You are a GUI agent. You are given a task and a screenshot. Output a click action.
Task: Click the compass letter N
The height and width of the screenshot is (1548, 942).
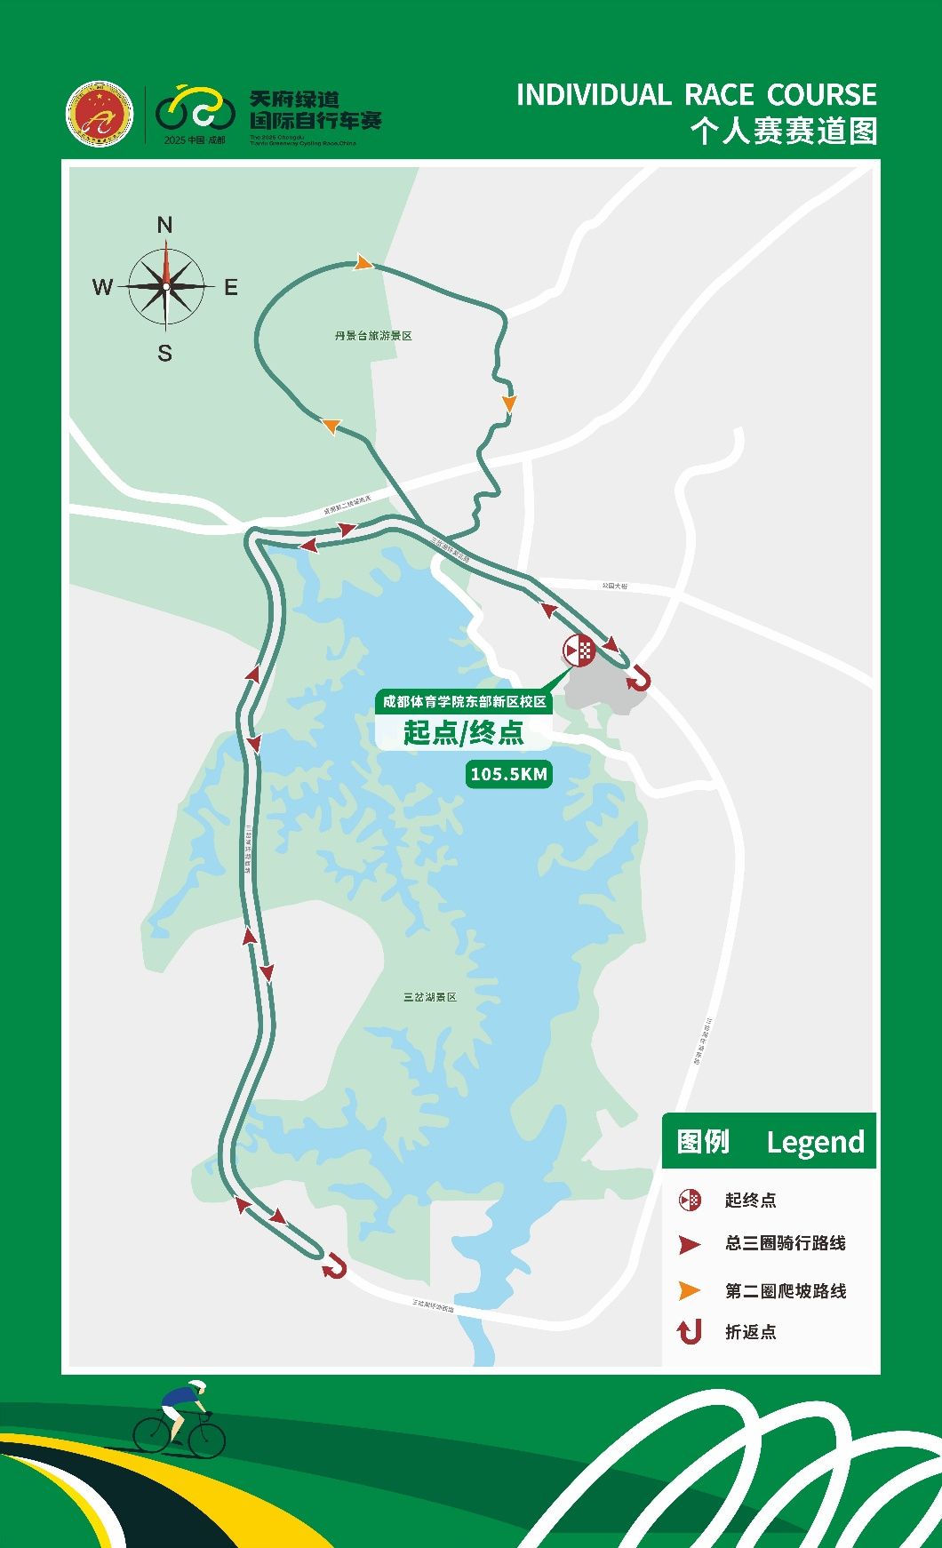click(164, 225)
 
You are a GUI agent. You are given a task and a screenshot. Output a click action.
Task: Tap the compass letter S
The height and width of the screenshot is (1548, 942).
click(164, 353)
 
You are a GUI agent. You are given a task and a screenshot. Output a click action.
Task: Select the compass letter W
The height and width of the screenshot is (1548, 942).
click(102, 287)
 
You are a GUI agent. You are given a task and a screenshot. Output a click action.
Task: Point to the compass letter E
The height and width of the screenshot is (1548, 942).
click(231, 287)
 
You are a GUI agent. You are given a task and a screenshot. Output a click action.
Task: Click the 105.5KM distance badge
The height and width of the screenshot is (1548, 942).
click(508, 774)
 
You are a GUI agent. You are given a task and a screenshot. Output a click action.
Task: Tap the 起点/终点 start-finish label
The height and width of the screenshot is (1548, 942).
click(463, 733)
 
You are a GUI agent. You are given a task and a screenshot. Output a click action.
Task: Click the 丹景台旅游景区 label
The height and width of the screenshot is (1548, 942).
click(373, 336)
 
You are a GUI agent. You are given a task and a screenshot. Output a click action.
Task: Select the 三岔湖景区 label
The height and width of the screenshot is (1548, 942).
click(430, 997)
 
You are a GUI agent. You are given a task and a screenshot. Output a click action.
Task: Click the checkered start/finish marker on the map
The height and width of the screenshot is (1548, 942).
click(579, 650)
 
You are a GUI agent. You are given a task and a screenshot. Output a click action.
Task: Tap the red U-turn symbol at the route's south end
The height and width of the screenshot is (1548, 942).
click(335, 1265)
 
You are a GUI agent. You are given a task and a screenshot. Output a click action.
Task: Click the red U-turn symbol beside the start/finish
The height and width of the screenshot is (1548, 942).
click(639, 681)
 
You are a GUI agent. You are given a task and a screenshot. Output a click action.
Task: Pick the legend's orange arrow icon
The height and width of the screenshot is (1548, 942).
click(689, 1290)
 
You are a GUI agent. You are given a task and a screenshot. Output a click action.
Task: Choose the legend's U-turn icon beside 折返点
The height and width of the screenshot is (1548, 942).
click(690, 1331)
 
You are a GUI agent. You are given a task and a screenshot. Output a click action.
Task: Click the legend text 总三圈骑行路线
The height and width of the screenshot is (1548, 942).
click(786, 1243)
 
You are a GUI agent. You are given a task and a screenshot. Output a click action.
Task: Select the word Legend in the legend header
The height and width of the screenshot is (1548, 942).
click(815, 1142)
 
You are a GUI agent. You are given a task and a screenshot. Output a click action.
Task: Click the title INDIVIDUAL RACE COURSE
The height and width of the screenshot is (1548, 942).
click(696, 95)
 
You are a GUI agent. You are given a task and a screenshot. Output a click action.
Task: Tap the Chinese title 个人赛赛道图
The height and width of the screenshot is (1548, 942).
click(784, 132)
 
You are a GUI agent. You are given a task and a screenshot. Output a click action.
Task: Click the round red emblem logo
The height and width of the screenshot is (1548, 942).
click(100, 114)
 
